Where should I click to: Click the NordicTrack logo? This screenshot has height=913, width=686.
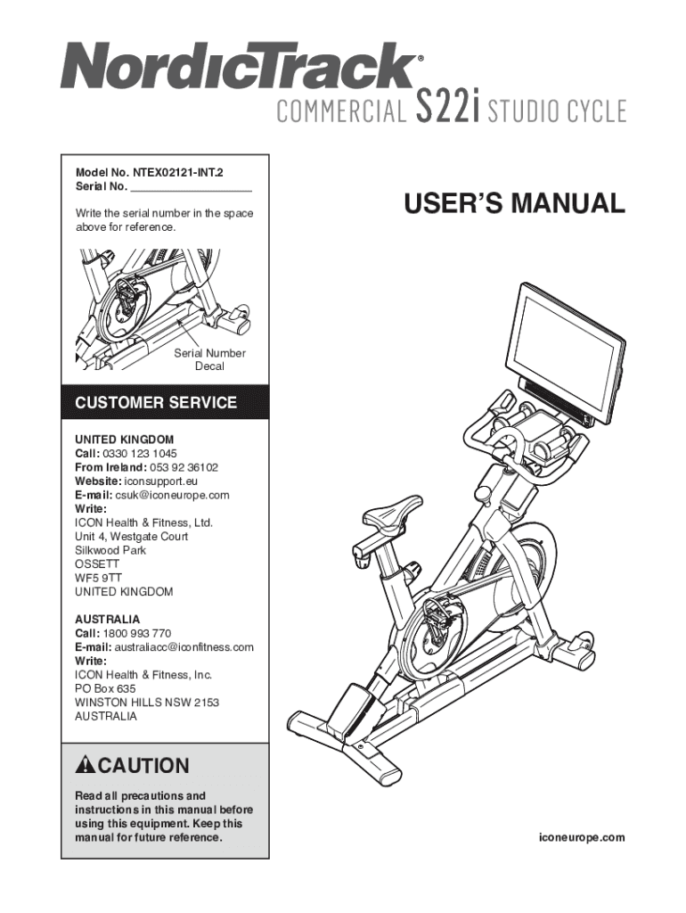(239, 68)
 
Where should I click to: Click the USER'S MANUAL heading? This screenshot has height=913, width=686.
(515, 203)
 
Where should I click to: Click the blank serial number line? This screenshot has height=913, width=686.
(191, 187)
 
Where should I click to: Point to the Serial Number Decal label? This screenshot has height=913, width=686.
(209, 359)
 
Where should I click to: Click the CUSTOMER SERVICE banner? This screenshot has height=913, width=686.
(156, 403)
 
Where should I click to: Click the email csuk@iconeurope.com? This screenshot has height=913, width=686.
(172, 495)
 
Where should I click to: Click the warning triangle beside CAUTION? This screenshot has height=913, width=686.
(86, 765)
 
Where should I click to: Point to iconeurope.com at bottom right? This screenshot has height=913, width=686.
(581, 838)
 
